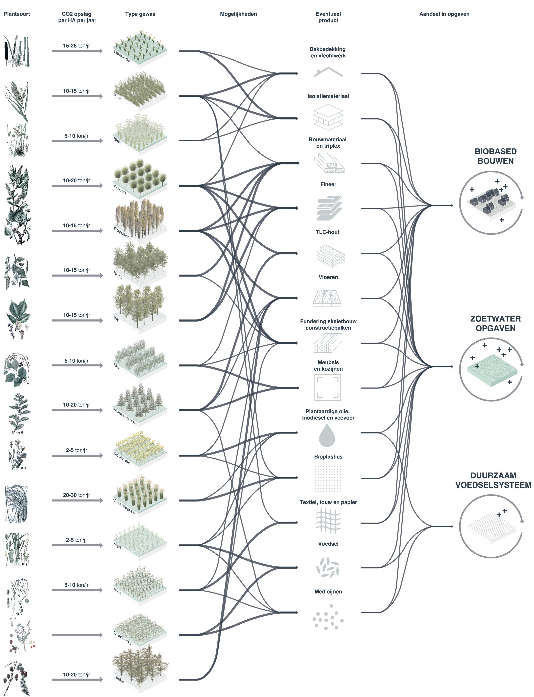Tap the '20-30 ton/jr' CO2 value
[76, 495]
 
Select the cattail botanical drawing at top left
[16, 51]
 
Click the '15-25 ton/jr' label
[76, 46]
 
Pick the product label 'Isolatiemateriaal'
[328, 96]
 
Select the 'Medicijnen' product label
[328, 592]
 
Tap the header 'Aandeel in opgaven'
[444, 14]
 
